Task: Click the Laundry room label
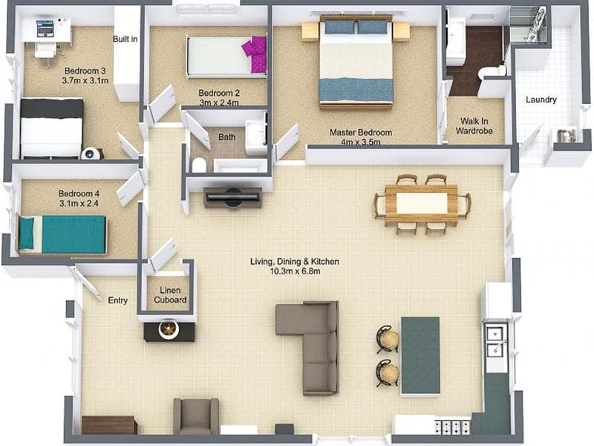point(541,100)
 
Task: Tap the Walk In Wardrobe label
point(474,126)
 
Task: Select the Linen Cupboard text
point(170,295)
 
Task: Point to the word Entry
point(117,300)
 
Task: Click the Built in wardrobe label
point(125,39)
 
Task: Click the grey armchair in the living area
point(196,416)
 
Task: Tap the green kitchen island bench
point(420,356)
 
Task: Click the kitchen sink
point(495,342)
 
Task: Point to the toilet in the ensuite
point(492,72)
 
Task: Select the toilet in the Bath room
point(199,165)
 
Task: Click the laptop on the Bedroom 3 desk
point(45,28)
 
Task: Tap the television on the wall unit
point(232,196)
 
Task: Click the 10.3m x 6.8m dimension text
point(295,271)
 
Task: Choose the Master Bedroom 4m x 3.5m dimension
point(361,142)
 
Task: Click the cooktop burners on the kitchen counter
point(453,427)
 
